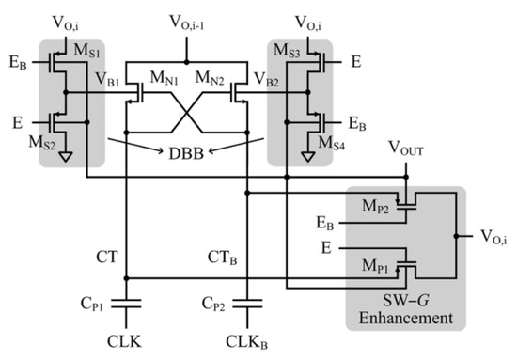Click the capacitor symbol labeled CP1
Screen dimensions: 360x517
(128, 304)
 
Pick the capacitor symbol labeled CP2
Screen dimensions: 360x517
(246, 304)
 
